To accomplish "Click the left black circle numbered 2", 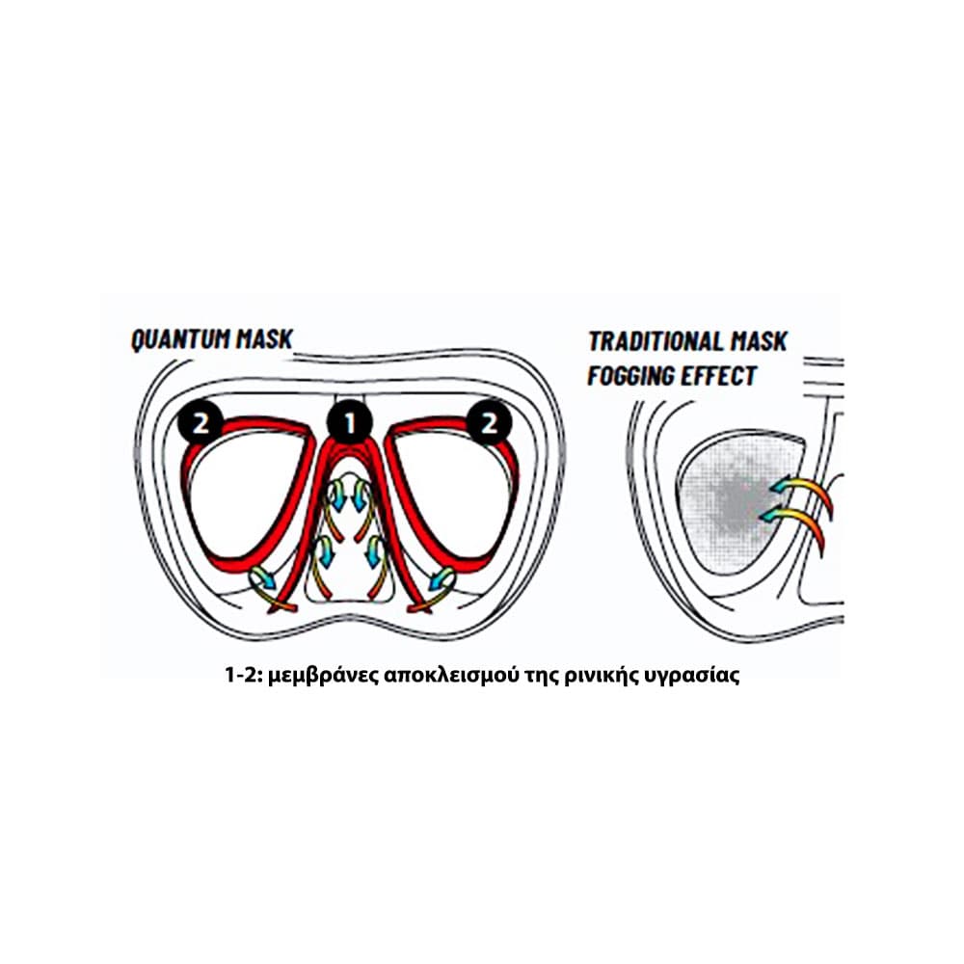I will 200,423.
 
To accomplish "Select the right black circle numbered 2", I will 487,423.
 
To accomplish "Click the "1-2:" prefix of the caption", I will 243,676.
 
